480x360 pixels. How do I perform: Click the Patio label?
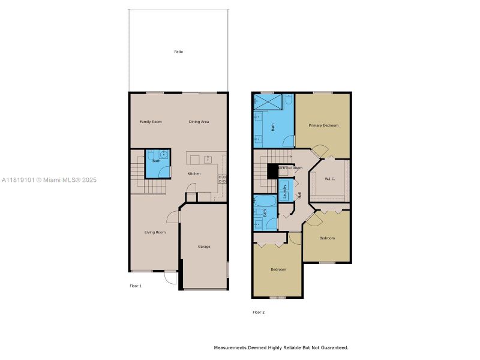[x=178, y=52]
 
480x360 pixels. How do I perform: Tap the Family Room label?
[x=151, y=122]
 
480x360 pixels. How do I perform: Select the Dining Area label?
[x=199, y=122]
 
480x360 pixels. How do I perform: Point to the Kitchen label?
[x=194, y=174]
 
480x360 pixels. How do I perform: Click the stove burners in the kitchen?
[x=222, y=178]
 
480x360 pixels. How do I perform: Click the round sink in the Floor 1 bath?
[x=163, y=154]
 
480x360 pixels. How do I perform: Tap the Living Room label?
[x=155, y=232]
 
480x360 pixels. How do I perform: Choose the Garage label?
[x=204, y=247]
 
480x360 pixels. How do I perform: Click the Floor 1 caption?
[x=136, y=286]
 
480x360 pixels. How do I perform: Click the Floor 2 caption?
[x=259, y=312]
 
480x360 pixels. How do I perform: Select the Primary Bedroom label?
[x=323, y=125]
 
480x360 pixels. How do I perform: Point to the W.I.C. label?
[x=329, y=179]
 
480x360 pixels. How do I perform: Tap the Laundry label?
[x=285, y=191]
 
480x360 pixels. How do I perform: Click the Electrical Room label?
[x=289, y=169]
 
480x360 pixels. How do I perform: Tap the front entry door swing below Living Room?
[x=170, y=277]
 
